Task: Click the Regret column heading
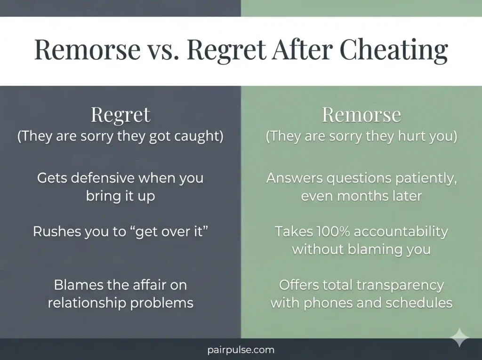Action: [120, 115]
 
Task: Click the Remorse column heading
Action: [361, 115]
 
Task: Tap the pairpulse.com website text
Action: [241, 350]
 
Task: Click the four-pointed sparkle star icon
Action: [459, 338]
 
